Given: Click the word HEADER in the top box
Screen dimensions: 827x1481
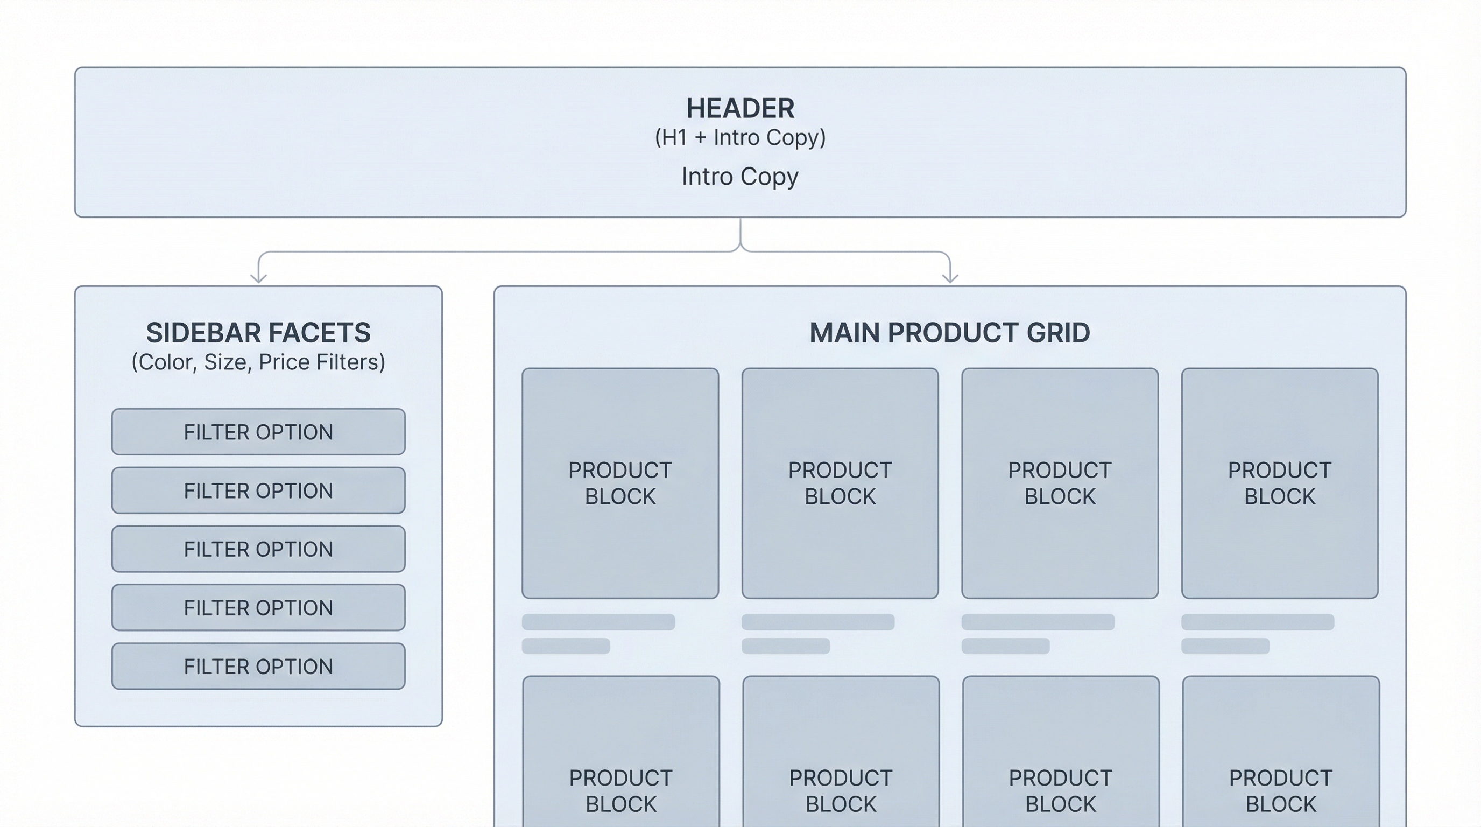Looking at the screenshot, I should click(x=740, y=108).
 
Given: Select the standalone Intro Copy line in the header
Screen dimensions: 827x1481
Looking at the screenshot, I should click(x=740, y=177).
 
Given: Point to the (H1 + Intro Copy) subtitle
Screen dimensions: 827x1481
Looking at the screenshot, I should click(x=740, y=137).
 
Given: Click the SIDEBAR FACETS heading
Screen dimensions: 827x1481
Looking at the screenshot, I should click(x=258, y=332).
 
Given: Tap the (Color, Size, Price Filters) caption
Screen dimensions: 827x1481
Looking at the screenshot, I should click(x=258, y=362).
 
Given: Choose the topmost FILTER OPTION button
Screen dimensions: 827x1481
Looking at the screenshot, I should click(x=258, y=432).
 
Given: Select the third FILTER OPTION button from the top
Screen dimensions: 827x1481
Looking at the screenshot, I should click(x=258, y=549).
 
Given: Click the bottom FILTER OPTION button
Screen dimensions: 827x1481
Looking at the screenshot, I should click(x=258, y=666).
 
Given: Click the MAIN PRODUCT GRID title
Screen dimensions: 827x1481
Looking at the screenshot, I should click(x=949, y=332).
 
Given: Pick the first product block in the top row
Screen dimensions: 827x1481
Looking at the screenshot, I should click(x=620, y=483).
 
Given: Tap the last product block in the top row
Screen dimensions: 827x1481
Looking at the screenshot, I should click(x=1279, y=483).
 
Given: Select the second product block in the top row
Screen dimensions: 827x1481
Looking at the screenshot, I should click(x=840, y=483).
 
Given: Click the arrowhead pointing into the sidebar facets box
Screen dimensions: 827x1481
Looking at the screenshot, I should click(x=259, y=278).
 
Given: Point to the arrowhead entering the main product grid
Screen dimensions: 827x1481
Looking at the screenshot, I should click(x=950, y=278).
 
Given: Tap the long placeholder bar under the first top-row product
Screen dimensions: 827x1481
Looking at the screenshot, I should click(x=598, y=622).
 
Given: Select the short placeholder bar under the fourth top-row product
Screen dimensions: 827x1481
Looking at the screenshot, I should click(x=1225, y=646).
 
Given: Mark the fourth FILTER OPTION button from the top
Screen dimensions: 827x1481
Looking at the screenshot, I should click(x=258, y=607).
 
